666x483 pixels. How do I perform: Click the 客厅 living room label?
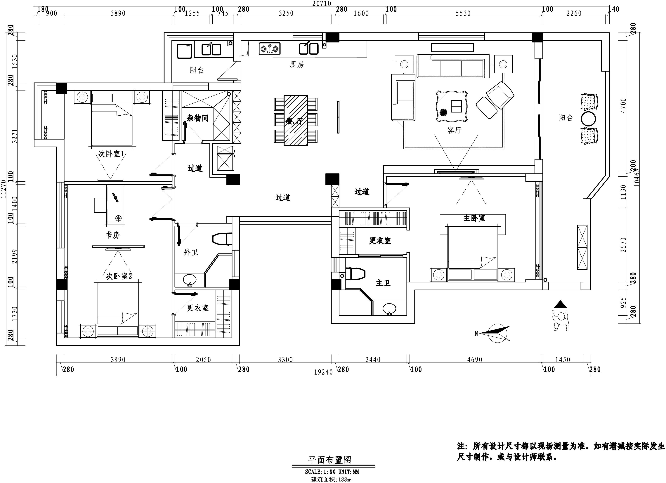(x=454, y=130)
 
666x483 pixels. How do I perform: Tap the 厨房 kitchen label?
(x=297, y=64)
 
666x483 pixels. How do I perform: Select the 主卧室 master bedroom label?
(x=474, y=218)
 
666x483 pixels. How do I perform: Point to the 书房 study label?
(x=113, y=235)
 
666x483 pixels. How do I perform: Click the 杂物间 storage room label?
(x=197, y=118)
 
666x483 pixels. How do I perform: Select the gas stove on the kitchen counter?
(x=270, y=49)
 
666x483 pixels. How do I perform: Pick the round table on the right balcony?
(x=589, y=119)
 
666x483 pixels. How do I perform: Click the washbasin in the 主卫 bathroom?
(x=389, y=309)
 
